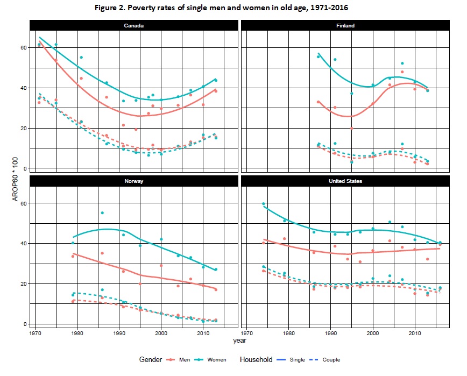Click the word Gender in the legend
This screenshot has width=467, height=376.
pos(151,359)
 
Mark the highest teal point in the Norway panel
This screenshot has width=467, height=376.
pos(102,213)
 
